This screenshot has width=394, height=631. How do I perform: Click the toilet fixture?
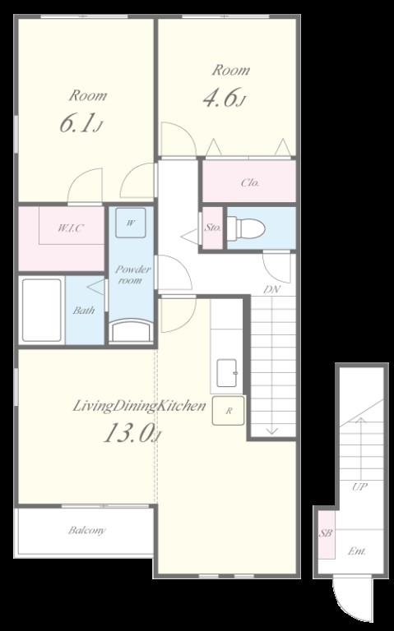[246, 228]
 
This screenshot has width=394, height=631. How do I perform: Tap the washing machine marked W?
[131, 223]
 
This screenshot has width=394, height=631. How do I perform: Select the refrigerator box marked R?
[229, 411]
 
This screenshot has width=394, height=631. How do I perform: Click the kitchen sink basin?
[227, 373]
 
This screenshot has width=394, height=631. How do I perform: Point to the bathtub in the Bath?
[41, 310]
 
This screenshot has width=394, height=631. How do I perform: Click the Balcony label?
[87, 530]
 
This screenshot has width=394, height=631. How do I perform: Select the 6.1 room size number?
[77, 123]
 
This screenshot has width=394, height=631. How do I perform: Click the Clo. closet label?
[250, 182]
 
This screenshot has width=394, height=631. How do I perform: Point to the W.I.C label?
[71, 228]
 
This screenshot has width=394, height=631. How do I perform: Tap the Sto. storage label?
[213, 228]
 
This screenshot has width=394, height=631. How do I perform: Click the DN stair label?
[272, 289]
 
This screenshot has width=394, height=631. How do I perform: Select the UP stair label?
[359, 487]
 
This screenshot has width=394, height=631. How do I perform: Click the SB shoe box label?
[326, 533]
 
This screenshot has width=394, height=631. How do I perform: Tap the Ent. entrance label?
[357, 551]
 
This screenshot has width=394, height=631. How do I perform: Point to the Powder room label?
[132, 274]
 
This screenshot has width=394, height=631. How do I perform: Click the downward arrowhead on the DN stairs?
[272, 431]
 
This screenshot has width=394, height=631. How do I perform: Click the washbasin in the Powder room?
[132, 331]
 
